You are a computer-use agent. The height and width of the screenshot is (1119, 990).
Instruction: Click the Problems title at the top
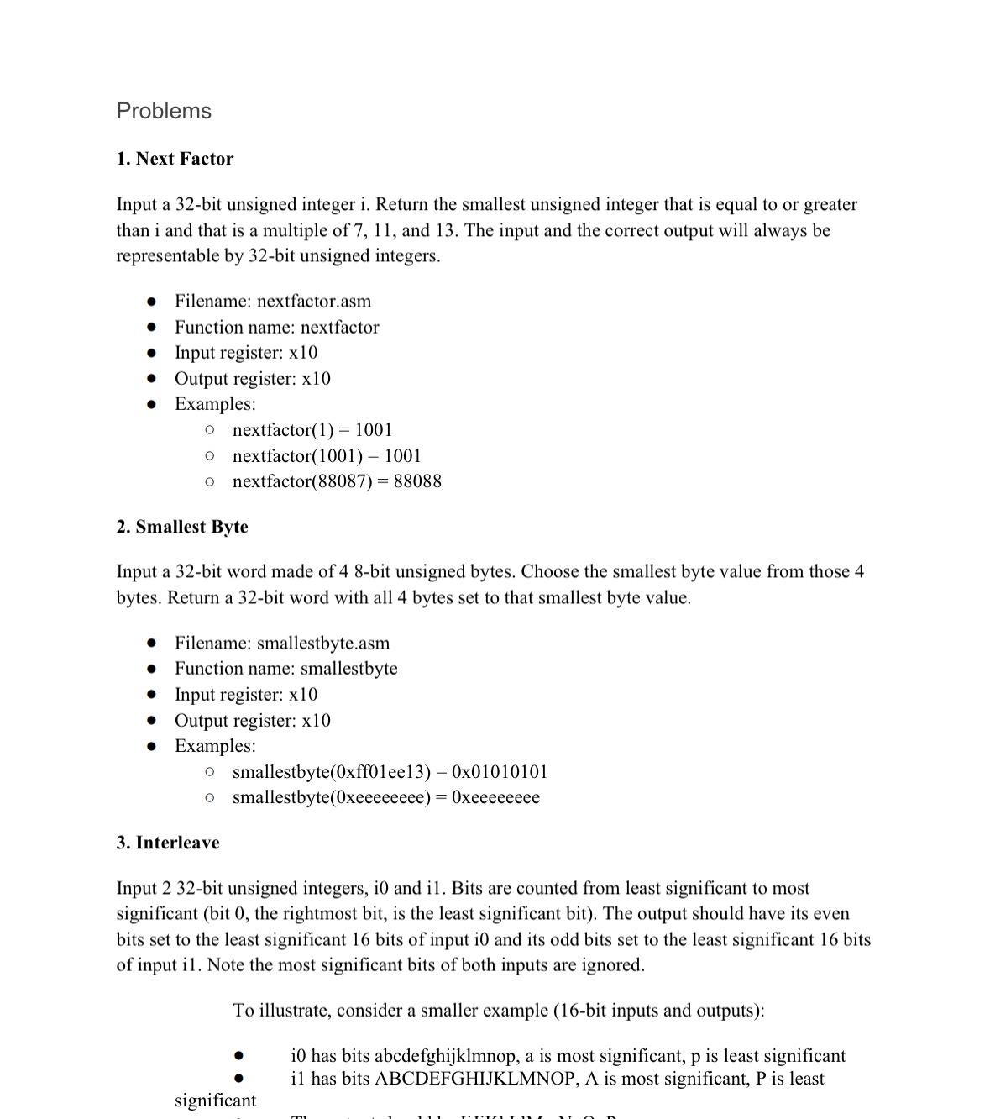164,111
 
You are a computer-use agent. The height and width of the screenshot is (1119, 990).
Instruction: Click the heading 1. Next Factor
175,159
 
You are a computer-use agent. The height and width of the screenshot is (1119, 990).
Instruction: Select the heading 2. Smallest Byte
182,527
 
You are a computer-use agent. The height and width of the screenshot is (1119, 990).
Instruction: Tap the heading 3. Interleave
168,843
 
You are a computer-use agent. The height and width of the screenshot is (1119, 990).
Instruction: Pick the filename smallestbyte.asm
322,644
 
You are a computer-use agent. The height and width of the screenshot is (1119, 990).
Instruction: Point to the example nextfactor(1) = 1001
312,430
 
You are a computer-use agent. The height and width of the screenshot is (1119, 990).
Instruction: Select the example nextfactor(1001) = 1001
327,456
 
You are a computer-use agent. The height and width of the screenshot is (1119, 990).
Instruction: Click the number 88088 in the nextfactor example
416,481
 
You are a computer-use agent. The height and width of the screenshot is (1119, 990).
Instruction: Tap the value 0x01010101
499,772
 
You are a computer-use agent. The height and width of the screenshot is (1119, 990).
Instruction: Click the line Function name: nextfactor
276,328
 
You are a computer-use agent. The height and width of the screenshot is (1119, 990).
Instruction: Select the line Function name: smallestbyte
285,669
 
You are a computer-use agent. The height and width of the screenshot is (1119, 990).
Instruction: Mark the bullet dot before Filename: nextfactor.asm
151,302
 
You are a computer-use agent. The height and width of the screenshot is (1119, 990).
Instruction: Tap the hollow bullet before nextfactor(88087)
209,481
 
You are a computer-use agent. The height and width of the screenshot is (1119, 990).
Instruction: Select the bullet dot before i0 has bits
239,1056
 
